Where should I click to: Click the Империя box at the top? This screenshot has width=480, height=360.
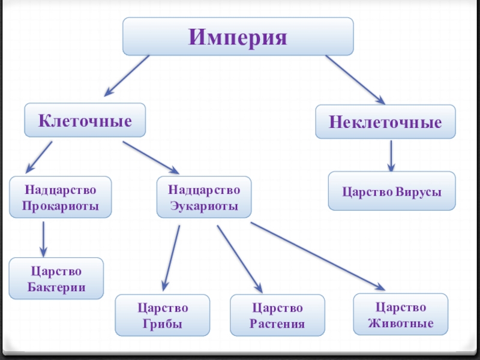point(238,37)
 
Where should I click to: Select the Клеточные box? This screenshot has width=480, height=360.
point(85,121)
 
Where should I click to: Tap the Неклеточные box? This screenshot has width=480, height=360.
point(385,122)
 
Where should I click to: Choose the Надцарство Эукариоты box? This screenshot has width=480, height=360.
point(204,198)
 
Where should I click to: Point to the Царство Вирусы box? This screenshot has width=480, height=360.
point(392,192)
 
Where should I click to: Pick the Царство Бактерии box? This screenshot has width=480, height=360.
point(56,279)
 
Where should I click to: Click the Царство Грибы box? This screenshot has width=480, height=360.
point(163,316)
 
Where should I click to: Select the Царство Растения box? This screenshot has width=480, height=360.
point(277,316)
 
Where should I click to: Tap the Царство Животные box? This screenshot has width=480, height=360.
point(400,314)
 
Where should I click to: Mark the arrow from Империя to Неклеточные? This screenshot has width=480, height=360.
point(356,80)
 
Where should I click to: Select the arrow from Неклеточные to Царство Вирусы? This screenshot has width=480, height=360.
point(391,156)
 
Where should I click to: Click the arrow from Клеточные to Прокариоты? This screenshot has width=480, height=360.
point(39,157)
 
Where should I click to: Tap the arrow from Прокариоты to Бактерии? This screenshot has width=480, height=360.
point(43,238)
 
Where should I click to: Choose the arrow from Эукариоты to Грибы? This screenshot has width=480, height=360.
point(171,257)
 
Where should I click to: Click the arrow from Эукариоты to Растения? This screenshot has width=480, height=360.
point(239,259)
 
